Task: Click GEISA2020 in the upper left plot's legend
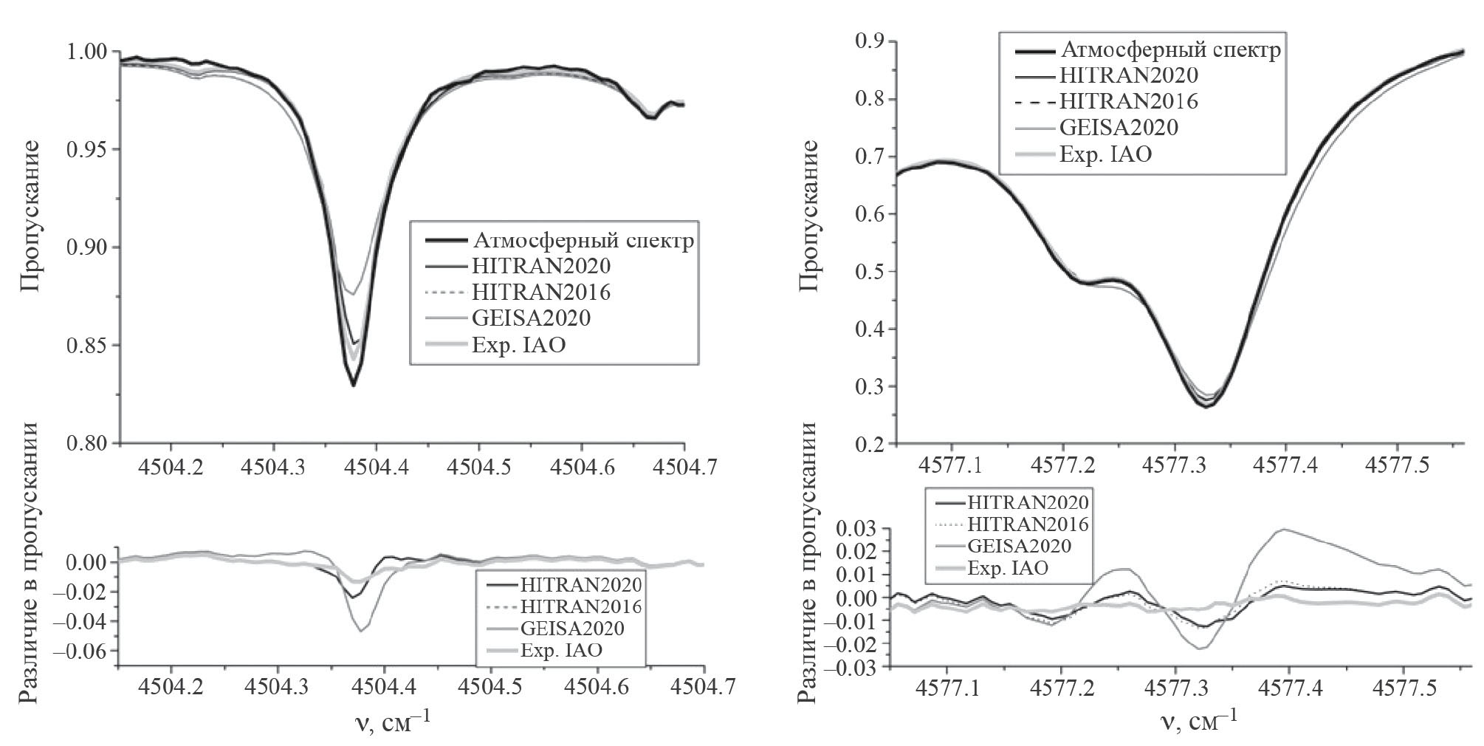532,318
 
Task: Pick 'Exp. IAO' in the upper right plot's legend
1105,154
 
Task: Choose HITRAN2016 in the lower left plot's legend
580,606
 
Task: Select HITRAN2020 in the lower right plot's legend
1028,502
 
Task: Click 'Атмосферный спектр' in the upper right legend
1170,50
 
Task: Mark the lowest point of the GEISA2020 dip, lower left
360,631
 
